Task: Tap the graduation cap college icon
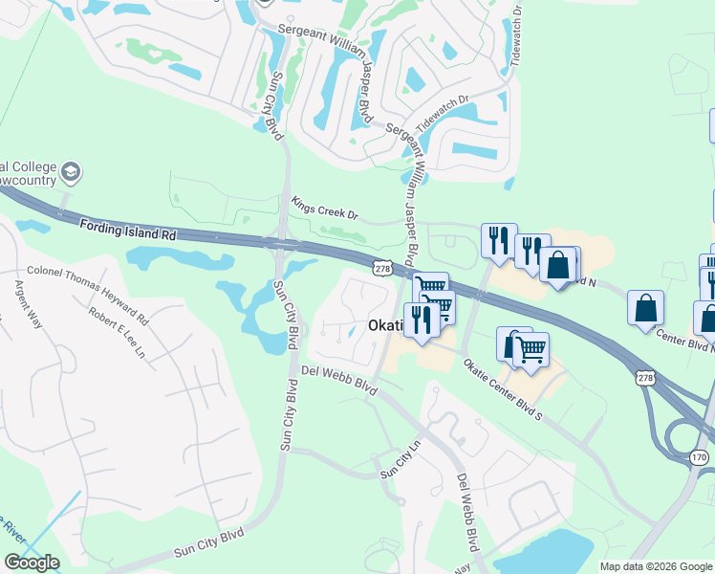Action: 70,173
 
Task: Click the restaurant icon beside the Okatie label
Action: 419,320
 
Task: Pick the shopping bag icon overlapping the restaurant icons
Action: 559,265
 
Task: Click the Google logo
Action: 32,563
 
